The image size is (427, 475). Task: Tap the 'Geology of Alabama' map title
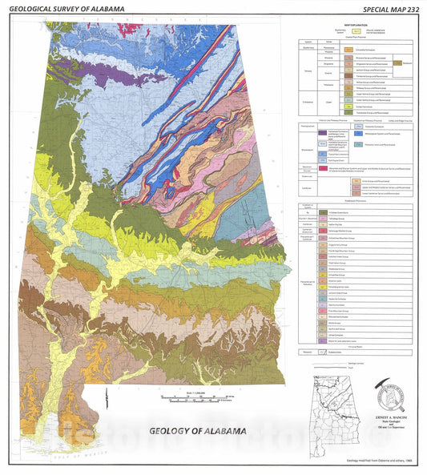pos(196,430)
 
